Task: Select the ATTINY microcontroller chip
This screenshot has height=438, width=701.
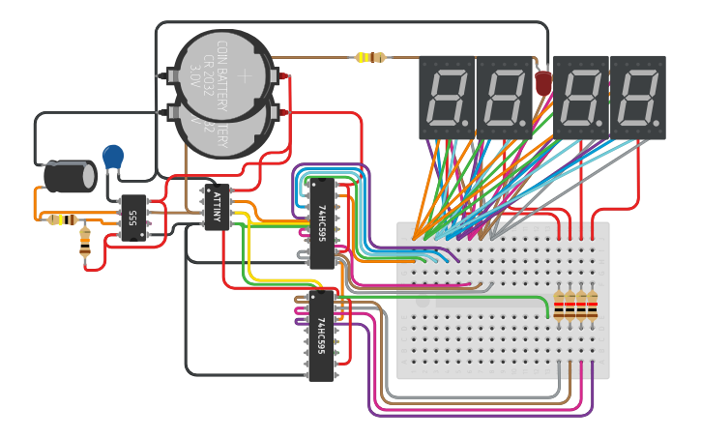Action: pyautogui.click(x=217, y=207)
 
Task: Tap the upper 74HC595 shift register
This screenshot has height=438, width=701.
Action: pyautogui.click(x=320, y=221)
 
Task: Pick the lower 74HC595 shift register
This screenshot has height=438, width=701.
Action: pyautogui.click(x=320, y=335)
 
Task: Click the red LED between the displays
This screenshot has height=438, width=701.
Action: pyautogui.click(x=543, y=83)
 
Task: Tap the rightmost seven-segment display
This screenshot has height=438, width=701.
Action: pyautogui.click(x=638, y=97)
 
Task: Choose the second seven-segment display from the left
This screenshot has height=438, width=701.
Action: pyautogui.click(x=504, y=97)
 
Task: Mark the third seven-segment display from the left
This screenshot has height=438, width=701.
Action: pyautogui.click(x=581, y=97)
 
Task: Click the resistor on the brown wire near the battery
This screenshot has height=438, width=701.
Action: pyautogui.click(x=370, y=57)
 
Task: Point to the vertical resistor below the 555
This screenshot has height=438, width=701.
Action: pyautogui.click(x=85, y=241)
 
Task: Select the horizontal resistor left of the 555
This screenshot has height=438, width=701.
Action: pyautogui.click(x=62, y=219)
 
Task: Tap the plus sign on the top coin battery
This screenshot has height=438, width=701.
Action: pyautogui.click(x=244, y=74)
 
